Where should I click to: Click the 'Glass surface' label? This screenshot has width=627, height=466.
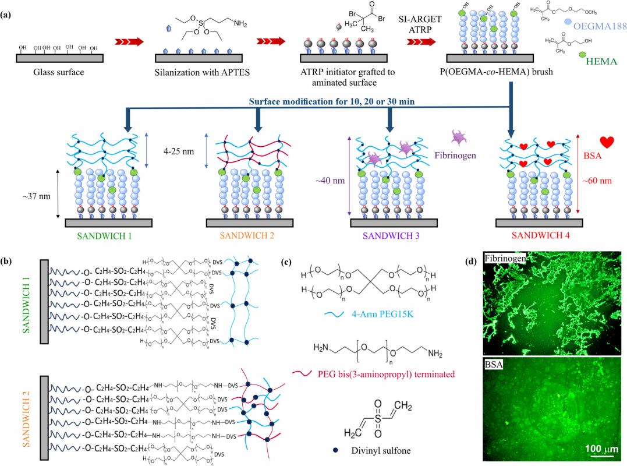[60, 72]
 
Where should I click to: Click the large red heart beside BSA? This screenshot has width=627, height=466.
[607, 142]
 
